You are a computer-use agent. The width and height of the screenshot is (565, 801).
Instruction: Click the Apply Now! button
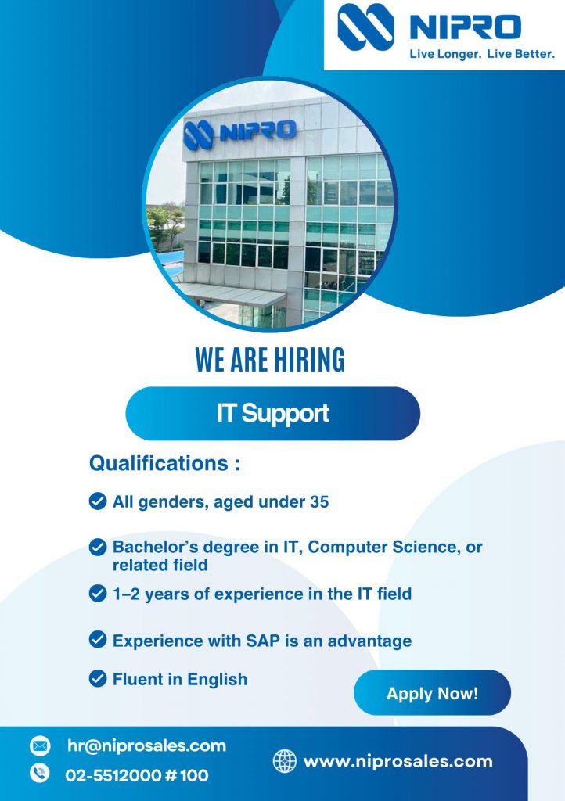pyautogui.click(x=432, y=693)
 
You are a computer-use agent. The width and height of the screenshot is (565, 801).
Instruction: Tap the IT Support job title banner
pyautogui.click(x=273, y=413)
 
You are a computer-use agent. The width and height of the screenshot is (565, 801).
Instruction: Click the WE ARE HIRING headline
pyautogui.click(x=270, y=360)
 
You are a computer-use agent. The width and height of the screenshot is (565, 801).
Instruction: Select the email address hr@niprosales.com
pyautogui.click(x=146, y=745)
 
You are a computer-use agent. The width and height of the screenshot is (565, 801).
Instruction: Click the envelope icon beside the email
pyautogui.click(x=40, y=746)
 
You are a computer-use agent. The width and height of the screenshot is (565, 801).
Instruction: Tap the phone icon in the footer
pyautogui.click(x=40, y=773)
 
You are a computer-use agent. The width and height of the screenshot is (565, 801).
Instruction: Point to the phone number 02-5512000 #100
pyautogui.click(x=137, y=775)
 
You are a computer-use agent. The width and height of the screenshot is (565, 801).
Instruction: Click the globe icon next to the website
pyautogui.click(x=285, y=761)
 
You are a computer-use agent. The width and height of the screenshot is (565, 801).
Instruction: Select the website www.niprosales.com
pyautogui.click(x=398, y=761)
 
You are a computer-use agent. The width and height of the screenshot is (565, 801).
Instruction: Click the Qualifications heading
pyautogui.click(x=164, y=463)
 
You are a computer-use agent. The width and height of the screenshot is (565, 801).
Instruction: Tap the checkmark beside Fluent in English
pyautogui.click(x=98, y=679)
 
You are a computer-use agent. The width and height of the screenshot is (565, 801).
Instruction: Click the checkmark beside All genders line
pyautogui.click(x=98, y=501)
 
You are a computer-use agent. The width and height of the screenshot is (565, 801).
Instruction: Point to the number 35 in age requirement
pyautogui.click(x=318, y=501)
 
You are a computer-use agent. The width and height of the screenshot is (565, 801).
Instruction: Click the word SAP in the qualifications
pyautogui.click(x=263, y=641)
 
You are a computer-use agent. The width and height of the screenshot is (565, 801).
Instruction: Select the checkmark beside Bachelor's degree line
pyautogui.click(x=98, y=547)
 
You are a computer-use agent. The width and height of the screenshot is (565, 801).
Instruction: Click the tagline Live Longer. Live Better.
pyautogui.click(x=482, y=54)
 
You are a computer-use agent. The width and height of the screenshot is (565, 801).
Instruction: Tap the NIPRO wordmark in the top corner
pyautogui.click(x=466, y=27)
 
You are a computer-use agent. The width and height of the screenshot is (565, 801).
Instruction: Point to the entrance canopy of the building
pyautogui.click(x=230, y=294)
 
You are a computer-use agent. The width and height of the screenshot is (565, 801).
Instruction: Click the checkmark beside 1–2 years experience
pyautogui.click(x=98, y=594)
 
